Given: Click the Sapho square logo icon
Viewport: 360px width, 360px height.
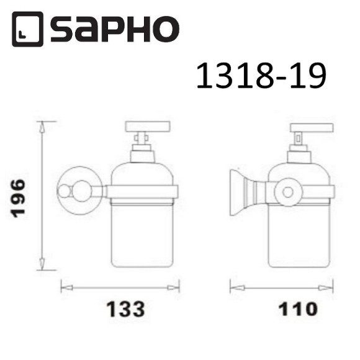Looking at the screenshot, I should (27, 29).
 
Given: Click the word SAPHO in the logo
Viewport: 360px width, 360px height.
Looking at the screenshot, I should (114, 29).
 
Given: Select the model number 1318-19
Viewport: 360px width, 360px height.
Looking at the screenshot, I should (261, 77).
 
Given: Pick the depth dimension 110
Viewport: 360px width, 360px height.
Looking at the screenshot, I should (280, 309).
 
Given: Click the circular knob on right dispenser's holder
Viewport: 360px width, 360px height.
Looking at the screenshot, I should (287, 192).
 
